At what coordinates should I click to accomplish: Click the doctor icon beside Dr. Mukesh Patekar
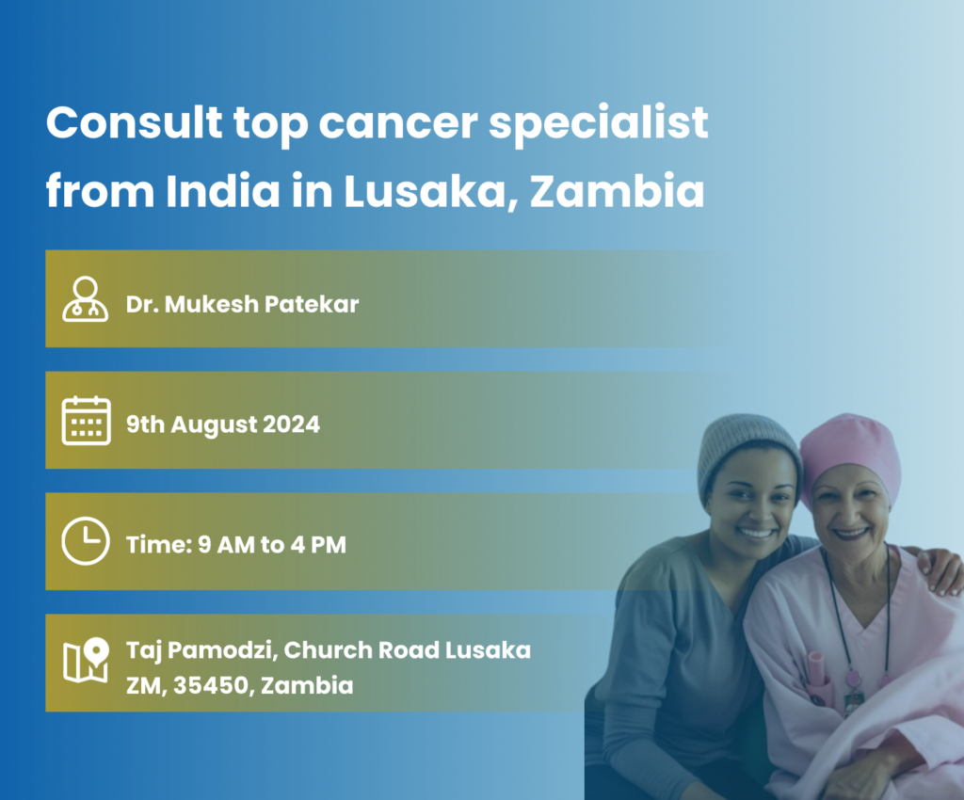pyautogui.click(x=86, y=299)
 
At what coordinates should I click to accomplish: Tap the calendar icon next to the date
pyautogui.click(x=86, y=421)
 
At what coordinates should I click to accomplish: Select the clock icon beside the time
pyautogui.click(x=86, y=541)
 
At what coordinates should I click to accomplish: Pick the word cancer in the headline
pyautogui.click(x=397, y=123)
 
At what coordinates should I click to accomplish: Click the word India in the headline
pyautogui.click(x=222, y=190)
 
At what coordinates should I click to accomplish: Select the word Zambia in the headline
pyautogui.click(x=617, y=190)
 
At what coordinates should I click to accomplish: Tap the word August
pyautogui.click(x=214, y=425)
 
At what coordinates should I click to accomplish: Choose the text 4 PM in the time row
pyautogui.click(x=318, y=545)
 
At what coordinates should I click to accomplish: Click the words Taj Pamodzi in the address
pyautogui.click(x=200, y=650)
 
